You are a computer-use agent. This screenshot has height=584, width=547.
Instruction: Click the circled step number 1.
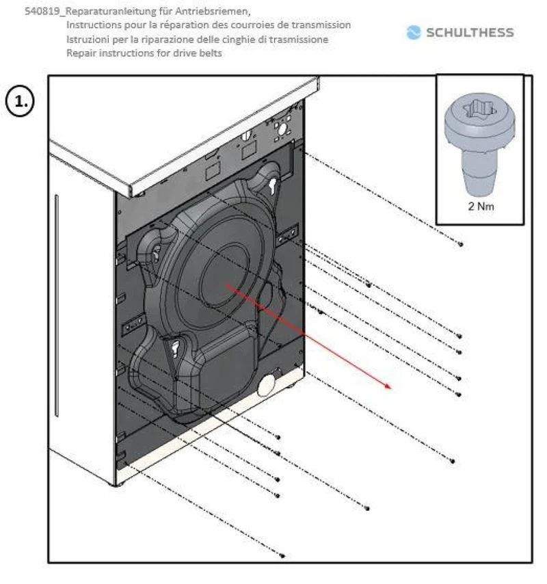(20, 102)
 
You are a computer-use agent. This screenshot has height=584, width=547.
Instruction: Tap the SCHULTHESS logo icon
(414, 32)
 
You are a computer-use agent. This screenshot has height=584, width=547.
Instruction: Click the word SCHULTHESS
(470, 33)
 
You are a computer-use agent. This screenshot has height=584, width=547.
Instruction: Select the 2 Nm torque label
(481, 206)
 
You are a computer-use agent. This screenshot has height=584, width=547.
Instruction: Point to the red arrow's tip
(391, 388)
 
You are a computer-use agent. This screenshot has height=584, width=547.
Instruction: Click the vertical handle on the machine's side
(57, 306)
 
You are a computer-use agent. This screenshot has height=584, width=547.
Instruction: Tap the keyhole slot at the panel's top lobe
(272, 185)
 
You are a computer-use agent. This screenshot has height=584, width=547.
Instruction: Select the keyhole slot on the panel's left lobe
(157, 252)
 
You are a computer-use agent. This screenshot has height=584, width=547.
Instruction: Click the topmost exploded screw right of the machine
(461, 244)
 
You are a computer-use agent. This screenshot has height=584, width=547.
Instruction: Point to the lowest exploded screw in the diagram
(282, 556)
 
